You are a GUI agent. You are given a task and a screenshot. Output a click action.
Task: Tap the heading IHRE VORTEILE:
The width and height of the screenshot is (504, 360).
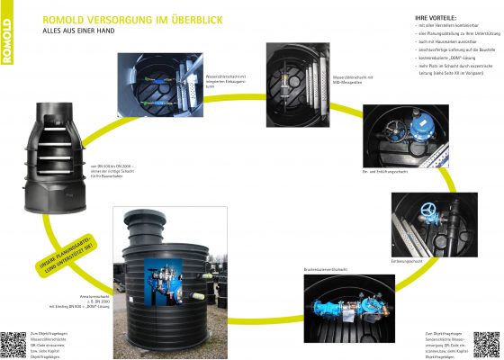(436, 17)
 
